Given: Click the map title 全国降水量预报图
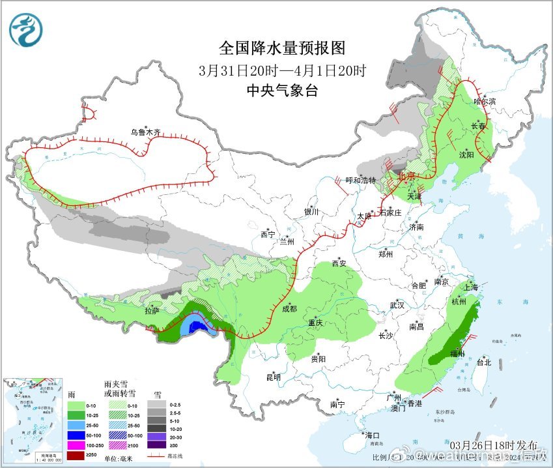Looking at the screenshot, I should tap(281, 48).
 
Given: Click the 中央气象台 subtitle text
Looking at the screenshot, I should tap(282, 91).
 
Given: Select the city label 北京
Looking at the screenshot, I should tap(406, 176).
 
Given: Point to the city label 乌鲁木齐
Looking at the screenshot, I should tap(145, 132).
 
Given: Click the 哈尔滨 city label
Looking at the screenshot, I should tap(485, 102).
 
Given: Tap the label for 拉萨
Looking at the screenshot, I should tap(152, 312).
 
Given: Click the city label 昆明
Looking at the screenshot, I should tap(272, 377).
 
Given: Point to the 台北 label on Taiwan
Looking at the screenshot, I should tap(483, 362).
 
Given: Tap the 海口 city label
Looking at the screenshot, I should tap(371, 435).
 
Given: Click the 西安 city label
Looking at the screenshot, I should tap(339, 263).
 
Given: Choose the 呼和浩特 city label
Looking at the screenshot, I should tap(360, 181).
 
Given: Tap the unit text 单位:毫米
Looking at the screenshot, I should tap(121, 458).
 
